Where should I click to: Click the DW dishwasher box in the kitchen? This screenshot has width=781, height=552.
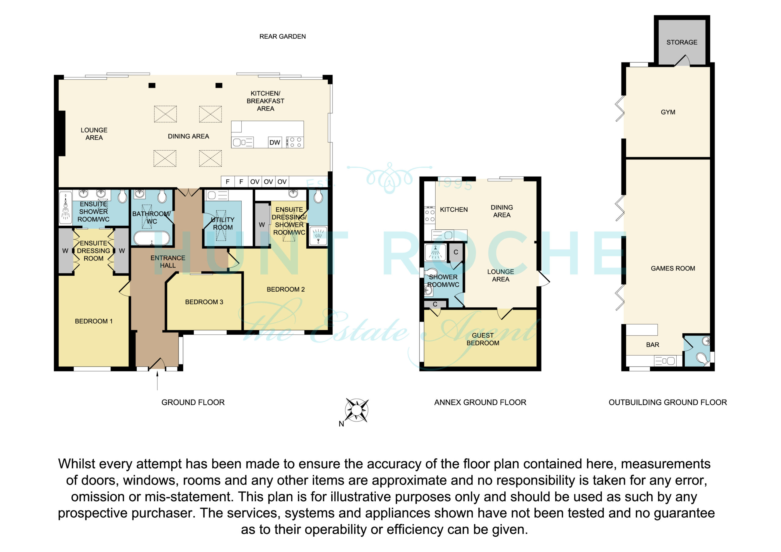tap(275, 142)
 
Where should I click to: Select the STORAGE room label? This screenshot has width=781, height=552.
tap(682, 42)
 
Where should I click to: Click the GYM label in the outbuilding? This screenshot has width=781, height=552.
tap(668, 112)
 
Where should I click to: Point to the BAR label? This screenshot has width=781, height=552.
tap(653, 345)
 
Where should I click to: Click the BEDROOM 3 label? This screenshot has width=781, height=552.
tap(204, 302)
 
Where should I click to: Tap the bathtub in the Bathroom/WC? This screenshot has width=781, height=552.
tap(152, 238)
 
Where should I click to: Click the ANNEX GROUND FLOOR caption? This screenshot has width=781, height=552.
tap(480, 402)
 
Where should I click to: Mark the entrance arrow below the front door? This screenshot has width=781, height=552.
tap(157, 380)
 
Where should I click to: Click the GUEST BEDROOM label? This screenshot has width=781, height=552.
tap(483, 339)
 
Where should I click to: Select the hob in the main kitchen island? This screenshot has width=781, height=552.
tap(295, 142)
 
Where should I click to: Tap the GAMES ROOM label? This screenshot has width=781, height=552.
tap(673, 268)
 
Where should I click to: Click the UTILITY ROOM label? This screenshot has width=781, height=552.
tap(223, 224)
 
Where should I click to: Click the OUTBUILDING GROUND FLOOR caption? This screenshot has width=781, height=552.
tap(668, 402)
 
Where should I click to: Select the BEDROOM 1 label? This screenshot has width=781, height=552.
tap(94, 321)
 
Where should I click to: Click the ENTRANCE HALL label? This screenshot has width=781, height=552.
tap(168, 262)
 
